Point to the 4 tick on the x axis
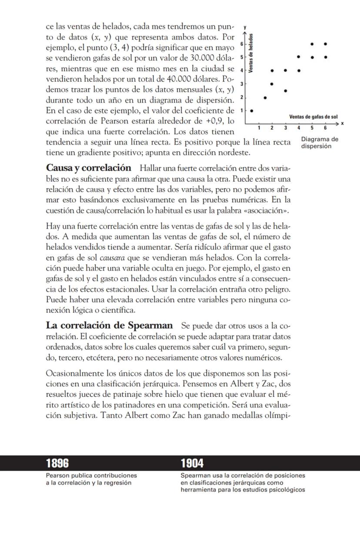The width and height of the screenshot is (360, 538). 299,127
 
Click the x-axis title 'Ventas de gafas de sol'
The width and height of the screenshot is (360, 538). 313,117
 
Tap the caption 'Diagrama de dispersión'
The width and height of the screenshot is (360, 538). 319,143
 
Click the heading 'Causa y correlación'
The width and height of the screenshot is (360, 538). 88,168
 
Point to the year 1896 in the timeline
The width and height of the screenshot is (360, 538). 57,463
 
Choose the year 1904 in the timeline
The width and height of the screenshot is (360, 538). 192,463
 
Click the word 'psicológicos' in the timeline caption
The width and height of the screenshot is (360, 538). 287,490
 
